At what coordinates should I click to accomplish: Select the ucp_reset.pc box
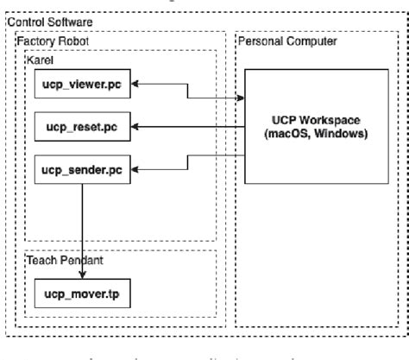coord(82,127)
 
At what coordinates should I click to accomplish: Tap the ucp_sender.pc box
coord(82,169)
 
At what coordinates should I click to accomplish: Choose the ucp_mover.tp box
coord(82,294)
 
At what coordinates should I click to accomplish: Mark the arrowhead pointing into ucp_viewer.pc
coord(135,85)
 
